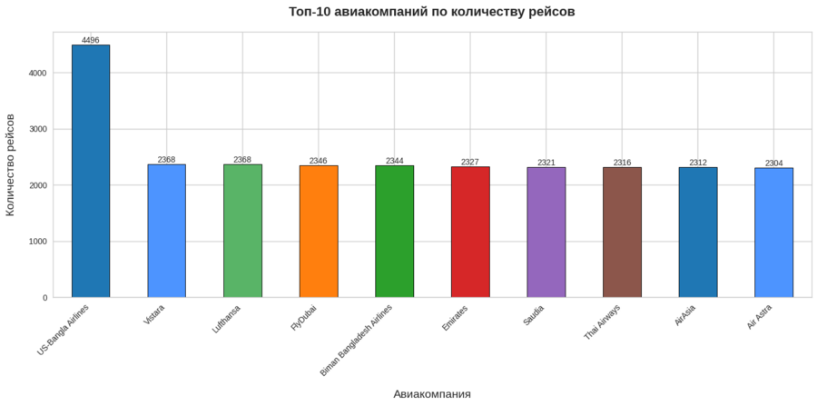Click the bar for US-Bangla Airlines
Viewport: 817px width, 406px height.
pos(91,171)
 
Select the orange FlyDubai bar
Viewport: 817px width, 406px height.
pos(319,232)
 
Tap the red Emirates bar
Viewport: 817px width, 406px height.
pos(470,232)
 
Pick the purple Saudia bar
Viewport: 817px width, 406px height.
pos(546,233)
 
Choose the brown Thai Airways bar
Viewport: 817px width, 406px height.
pos(622,233)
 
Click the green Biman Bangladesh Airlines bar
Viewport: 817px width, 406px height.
pos(394,232)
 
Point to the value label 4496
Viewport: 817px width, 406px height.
pos(91,40)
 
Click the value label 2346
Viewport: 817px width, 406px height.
pos(319,161)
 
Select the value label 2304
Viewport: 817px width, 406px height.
pos(773,163)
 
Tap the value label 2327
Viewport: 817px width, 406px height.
pos(470,162)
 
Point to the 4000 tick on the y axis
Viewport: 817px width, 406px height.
pos(37,73)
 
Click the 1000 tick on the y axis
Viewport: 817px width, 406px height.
pos(37,242)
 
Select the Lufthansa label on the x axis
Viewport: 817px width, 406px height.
pos(227,319)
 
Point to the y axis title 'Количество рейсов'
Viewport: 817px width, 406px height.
pos(11,164)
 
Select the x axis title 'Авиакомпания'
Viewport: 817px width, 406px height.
pos(431,394)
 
